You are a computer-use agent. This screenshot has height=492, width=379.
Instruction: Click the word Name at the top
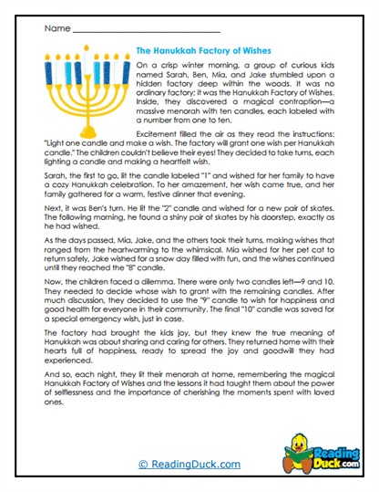point(54,30)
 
